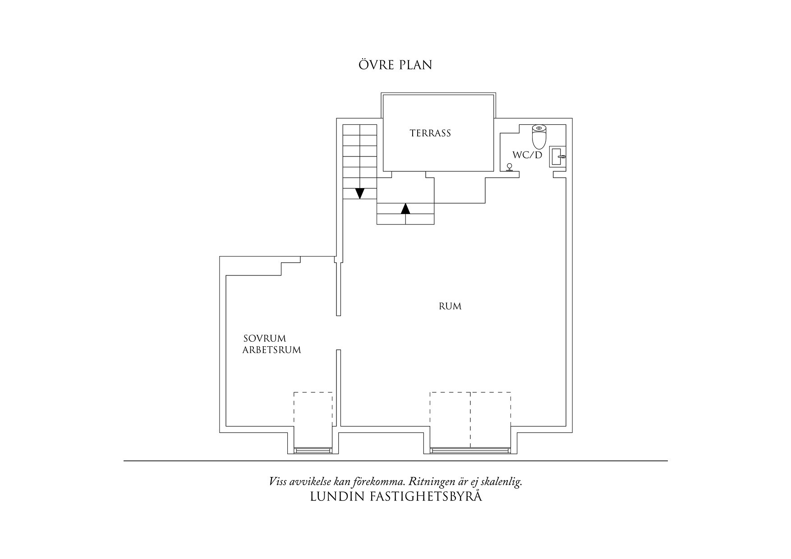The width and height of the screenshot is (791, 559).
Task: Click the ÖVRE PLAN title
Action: pyautogui.click(x=395, y=65)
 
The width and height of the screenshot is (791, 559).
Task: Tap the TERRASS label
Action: pyautogui.click(x=430, y=133)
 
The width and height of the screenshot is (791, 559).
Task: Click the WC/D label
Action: pyautogui.click(x=527, y=155)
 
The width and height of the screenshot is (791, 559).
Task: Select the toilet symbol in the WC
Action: pyautogui.click(x=539, y=137)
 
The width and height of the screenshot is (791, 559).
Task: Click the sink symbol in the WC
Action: pyautogui.click(x=558, y=157)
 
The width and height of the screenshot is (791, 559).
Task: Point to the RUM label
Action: pyautogui.click(x=450, y=307)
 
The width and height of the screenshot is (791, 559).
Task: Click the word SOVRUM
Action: pyautogui.click(x=265, y=339)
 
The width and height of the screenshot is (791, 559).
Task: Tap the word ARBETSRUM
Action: pyautogui.click(x=271, y=350)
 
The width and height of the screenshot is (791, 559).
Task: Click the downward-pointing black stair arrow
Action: pyautogui.click(x=359, y=193)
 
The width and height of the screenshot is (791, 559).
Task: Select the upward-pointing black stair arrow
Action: pyautogui.click(x=405, y=208)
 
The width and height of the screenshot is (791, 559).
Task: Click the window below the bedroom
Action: pyautogui.click(x=313, y=449)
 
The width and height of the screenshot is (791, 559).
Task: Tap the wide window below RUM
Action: pyautogui.click(x=470, y=449)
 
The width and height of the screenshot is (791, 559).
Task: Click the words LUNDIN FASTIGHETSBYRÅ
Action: pyautogui.click(x=396, y=497)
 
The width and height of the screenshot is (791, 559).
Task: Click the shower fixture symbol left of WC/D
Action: pyautogui.click(x=510, y=168)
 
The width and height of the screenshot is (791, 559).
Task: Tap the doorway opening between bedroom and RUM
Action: pyautogui.click(x=338, y=333)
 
